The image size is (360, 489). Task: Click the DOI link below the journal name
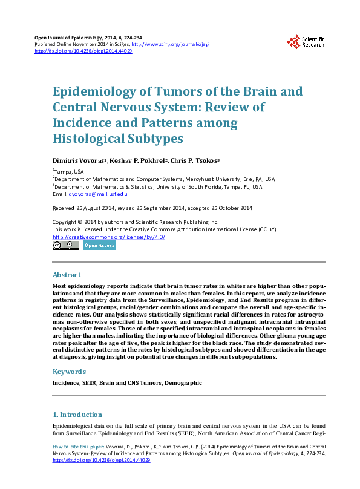(x=83, y=51)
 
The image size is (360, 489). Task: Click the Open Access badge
(x=99, y=245)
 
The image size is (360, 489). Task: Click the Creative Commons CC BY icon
(x=66, y=245)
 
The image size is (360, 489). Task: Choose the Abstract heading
(x=67, y=275)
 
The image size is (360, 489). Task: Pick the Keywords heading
(x=69, y=372)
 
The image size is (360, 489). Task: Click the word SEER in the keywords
(x=89, y=383)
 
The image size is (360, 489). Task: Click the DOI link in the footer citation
(x=102, y=461)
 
